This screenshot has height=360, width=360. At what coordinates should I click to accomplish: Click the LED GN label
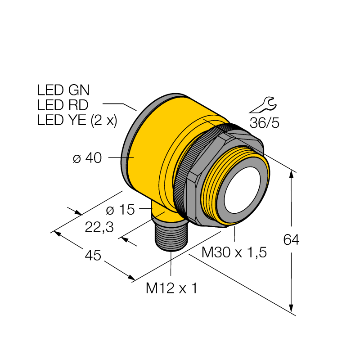point(63,90)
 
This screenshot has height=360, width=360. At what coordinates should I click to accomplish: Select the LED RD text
point(63,105)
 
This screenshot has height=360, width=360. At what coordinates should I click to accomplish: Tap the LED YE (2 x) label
point(77,120)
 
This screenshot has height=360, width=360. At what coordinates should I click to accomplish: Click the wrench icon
point(264,105)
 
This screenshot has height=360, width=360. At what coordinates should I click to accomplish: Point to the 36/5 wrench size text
point(265,123)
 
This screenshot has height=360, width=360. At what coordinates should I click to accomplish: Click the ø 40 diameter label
point(87,158)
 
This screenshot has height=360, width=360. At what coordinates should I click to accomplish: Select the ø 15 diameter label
point(120,210)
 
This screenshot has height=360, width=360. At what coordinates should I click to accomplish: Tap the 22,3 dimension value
point(99,228)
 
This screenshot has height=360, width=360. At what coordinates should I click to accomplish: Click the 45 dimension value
point(93,255)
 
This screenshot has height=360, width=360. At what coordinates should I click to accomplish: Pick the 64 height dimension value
point(291,240)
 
